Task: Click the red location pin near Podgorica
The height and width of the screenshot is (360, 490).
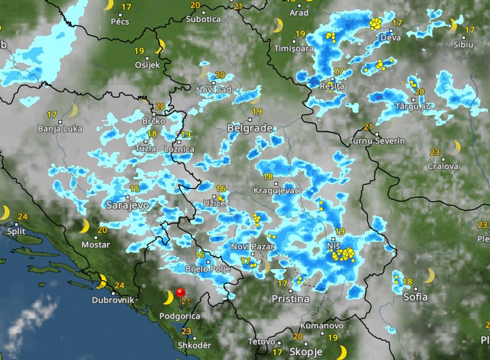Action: (x=180, y=292)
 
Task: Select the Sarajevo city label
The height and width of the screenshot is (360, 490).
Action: (x=127, y=205)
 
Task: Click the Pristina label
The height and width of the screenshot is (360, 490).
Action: (x=291, y=299)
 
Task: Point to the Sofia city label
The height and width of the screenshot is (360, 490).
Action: (x=415, y=297)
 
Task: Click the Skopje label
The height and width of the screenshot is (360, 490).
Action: (x=306, y=351)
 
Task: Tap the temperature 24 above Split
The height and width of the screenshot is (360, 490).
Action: (x=22, y=217)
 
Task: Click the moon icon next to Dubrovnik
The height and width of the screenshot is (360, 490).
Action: (x=101, y=282)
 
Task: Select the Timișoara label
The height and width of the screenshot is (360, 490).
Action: (x=295, y=48)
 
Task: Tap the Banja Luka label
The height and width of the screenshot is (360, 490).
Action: (x=60, y=129)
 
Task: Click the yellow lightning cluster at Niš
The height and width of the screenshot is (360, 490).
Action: (x=344, y=253)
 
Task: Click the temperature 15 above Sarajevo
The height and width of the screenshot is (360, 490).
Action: (x=134, y=189)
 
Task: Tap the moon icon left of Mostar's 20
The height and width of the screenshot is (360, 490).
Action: (x=84, y=226)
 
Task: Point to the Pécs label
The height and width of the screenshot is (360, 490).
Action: (x=120, y=22)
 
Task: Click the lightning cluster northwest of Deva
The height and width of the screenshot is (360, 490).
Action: (x=375, y=24)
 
